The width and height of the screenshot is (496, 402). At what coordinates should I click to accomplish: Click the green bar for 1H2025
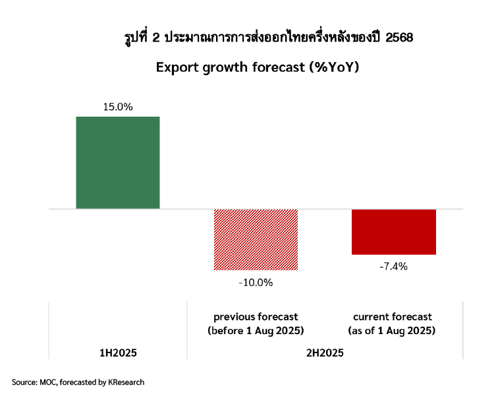118,163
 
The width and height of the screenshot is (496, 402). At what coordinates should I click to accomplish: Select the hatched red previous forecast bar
256,239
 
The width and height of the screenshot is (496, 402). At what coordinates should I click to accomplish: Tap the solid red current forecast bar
394,231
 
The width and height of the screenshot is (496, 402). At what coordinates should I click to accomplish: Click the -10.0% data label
256,282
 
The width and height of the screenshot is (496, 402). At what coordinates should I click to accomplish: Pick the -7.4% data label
394,266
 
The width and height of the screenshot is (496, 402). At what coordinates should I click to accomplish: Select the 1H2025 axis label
118,353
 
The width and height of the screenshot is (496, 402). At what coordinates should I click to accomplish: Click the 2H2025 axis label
325,353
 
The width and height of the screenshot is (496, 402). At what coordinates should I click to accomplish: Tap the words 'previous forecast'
256,317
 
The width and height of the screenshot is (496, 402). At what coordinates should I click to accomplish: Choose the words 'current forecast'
393,317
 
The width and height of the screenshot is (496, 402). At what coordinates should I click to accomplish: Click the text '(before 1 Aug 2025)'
256,330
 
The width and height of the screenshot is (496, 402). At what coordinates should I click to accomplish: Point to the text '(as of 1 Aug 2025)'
393,330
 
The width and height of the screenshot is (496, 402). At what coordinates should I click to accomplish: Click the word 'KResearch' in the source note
124,382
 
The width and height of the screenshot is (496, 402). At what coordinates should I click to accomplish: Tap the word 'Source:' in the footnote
24,382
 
